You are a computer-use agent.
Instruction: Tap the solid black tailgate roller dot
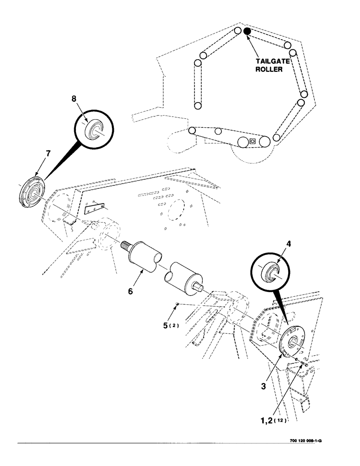(x=247, y=31)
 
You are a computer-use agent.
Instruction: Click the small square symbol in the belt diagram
(x=252, y=141)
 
